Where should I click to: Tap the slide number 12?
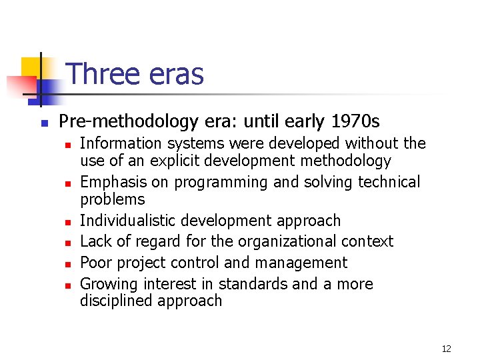[447, 349]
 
